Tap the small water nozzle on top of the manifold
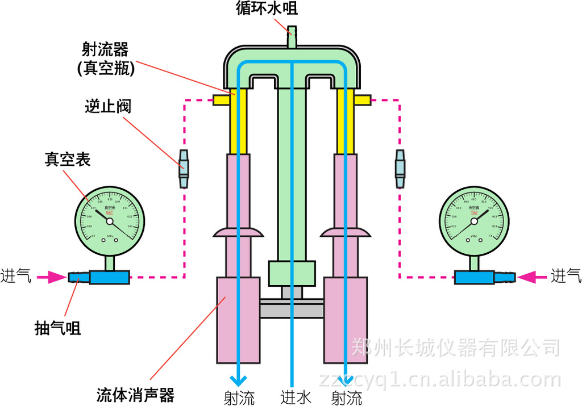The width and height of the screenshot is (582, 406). tap(292, 35)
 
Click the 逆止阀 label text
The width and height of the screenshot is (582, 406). tap(108, 106)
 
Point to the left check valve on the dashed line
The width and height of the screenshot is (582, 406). tap(184, 169)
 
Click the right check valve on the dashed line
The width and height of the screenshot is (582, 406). tap(400, 169)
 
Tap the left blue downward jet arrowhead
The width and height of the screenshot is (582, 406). tap(238, 379)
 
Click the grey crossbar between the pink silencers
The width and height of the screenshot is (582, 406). tap(292, 309)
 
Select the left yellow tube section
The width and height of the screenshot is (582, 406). tap(238, 122)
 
